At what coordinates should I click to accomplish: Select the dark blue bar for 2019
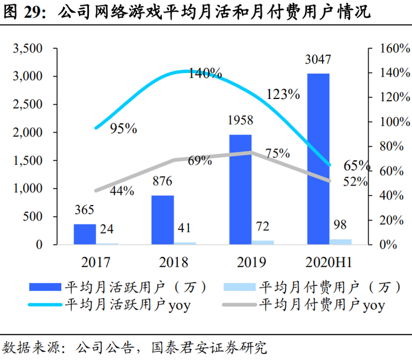point(240,189)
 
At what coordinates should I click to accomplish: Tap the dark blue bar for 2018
point(163,220)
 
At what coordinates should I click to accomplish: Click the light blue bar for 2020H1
point(340,242)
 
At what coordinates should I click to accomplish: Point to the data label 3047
point(318,60)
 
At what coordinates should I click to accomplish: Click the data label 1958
point(240,121)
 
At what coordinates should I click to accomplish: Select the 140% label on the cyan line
point(205,74)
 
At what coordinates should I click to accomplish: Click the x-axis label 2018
point(174,263)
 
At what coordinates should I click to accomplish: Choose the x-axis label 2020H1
point(329,263)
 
